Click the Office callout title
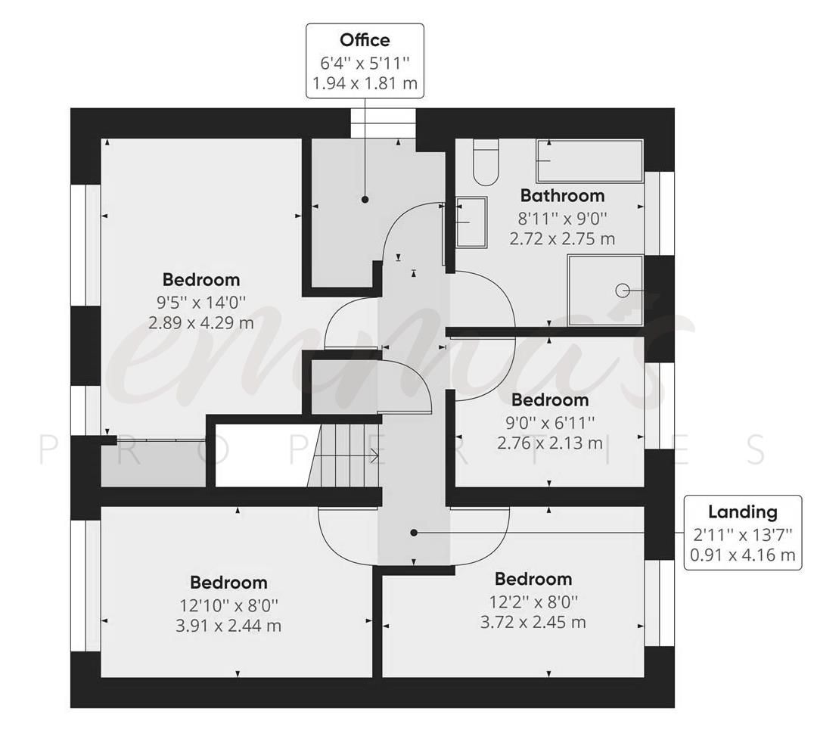point(365,40)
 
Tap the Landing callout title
point(742,511)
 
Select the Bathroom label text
point(562,196)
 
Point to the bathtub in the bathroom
point(589,161)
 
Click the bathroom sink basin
point(471,222)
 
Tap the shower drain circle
point(623,290)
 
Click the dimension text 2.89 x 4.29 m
point(200,324)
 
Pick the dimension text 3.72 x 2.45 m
point(533,623)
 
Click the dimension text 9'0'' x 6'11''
point(549,421)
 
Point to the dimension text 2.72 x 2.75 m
point(562,239)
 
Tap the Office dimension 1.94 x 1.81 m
point(365,82)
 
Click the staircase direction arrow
point(372,455)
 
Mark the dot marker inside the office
point(365,200)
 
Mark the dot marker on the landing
point(414,533)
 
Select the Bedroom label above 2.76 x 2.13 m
point(549,399)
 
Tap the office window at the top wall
point(383,123)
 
